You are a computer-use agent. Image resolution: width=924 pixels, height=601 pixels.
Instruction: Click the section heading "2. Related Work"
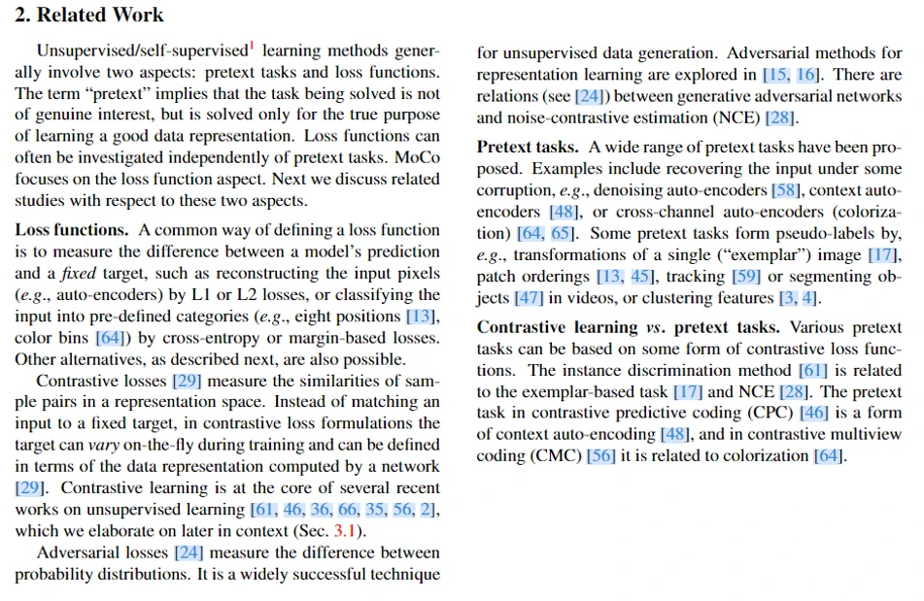pyautogui.click(x=89, y=16)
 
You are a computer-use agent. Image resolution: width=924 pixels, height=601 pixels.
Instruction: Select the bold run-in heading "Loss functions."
pyautogui.click(x=71, y=230)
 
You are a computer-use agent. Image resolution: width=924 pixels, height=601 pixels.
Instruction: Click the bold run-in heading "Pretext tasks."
pyautogui.click(x=528, y=147)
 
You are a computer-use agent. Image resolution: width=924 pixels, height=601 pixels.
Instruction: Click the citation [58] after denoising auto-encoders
pyautogui.click(x=786, y=189)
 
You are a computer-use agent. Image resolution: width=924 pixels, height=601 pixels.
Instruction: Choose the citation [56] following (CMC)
pyautogui.click(x=601, y=455)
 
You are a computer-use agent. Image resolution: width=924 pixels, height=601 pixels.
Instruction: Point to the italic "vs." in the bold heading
pyautogui.click(x=655, y=327)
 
